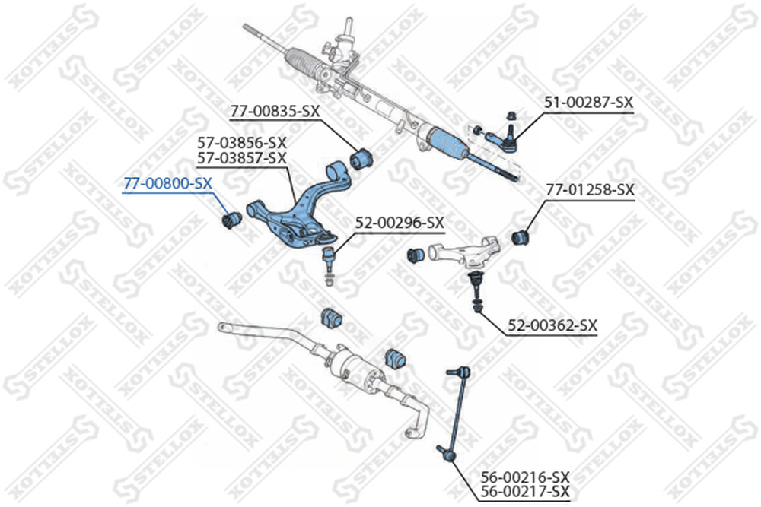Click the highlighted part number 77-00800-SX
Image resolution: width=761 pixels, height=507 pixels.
(x=167, y=184)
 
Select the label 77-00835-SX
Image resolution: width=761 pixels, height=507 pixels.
(x=275, y=112)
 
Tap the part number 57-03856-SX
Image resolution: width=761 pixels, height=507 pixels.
(x=242, y=142)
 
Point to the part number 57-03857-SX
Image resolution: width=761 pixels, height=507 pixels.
(x=242, y=158)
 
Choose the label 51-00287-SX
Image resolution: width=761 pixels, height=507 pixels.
(x=589, y=103)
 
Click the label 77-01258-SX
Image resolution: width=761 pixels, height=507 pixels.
(x=591, y=189)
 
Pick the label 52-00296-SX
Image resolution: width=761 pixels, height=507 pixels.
(x=400, y=223)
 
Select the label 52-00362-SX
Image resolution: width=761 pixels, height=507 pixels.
(x=552, y=325)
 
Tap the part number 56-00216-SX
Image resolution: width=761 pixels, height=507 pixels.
(x=525, y=477)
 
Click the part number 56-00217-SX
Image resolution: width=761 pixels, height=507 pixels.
(x=525, y=492)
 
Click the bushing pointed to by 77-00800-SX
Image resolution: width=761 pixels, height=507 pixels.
(x=231, y=220)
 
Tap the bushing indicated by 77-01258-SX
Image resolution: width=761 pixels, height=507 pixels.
(x=521, y=236)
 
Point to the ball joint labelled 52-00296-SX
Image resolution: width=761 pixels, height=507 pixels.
(x=329, y=265)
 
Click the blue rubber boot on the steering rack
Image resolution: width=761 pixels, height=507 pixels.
(x=447, y=144)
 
